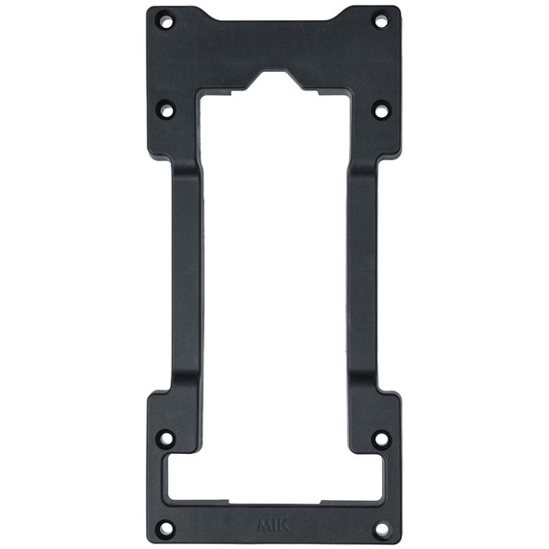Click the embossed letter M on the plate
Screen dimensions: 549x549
pyautogui.click(x=264, y=526)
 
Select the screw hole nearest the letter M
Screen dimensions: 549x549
pyautogui.click(x=167, y=527)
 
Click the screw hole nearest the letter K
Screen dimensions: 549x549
pyautogui.click(x=382, y=527)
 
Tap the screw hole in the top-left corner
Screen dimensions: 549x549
pyautogui.click(x=167, y=19)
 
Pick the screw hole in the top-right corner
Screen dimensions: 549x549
pyautogui.click(x=381, y=19)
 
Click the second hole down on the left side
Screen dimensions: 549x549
pyautogui.click(x=167, y=110)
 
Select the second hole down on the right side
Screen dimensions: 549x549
pyautogui.click(x=381, y=110)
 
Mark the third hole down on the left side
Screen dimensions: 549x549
pyautogui.click(x=167, y=440)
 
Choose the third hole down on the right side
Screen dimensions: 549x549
pyautogui.click(x=381, y=440)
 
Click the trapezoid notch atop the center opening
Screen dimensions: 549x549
pyautogui.click(x=275, y=82)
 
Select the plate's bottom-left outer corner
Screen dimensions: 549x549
pyautogui.click(x=150, y=540)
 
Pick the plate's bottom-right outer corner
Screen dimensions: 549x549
pyautogui.click(x=399, y=540)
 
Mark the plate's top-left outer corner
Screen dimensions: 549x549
pyautogui.click(x=151, y=8)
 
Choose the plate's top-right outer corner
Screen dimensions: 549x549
pyautogui.click(x=397, y=8)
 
